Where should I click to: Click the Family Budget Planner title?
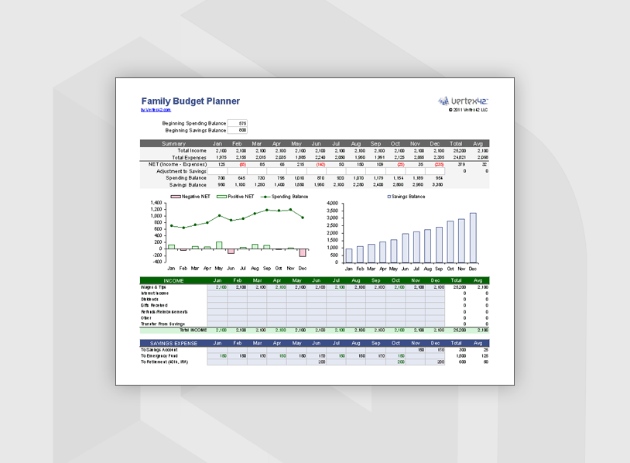point(190,101)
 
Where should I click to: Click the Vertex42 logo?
point(463,101)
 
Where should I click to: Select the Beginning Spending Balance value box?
point(237,123)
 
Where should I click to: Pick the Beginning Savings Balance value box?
point(237,130)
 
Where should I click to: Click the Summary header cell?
point(173,144)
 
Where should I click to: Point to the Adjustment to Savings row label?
point(180,171)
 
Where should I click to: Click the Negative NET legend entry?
point(190,197)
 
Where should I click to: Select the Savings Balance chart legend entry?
point(407,197)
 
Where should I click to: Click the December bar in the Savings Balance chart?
point(473,237)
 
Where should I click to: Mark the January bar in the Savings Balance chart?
point(349,255)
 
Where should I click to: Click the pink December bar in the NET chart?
point(303,252)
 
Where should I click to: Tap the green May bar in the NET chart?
point(219,245)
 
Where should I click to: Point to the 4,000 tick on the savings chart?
point(334,203)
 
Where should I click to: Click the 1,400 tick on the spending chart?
point(156,203)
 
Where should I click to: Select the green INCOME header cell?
point(173,280)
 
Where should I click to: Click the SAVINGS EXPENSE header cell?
point(173,342)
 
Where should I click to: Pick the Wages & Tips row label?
point(153,286)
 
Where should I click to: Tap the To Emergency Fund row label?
point(161,355)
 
